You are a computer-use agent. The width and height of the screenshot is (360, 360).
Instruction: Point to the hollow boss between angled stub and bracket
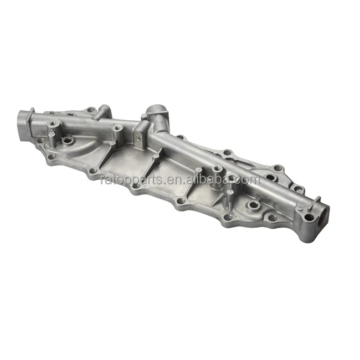pos(117,131)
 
